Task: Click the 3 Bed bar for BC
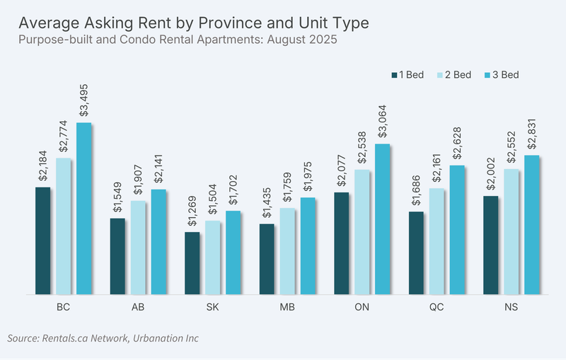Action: point(83,209)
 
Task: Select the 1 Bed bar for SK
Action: point(192,263)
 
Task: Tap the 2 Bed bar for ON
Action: point(362,232)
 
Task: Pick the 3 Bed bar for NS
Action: point(532,225)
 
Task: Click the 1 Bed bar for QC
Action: point(416,253)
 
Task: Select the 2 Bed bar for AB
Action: point(138,248)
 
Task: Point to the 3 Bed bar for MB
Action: point(308,245)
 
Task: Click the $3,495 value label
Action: point(83,100)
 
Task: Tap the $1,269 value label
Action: point(192,211)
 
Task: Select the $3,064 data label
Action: point(382,122)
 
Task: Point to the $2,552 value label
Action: point(511,147)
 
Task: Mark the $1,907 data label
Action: point(138,180)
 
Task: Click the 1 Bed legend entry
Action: point(408,75)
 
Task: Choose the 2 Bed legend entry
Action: point(454,75)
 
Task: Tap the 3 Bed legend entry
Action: point(502,75)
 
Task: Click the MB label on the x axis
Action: point(287,307)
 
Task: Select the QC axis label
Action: point(437,307)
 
